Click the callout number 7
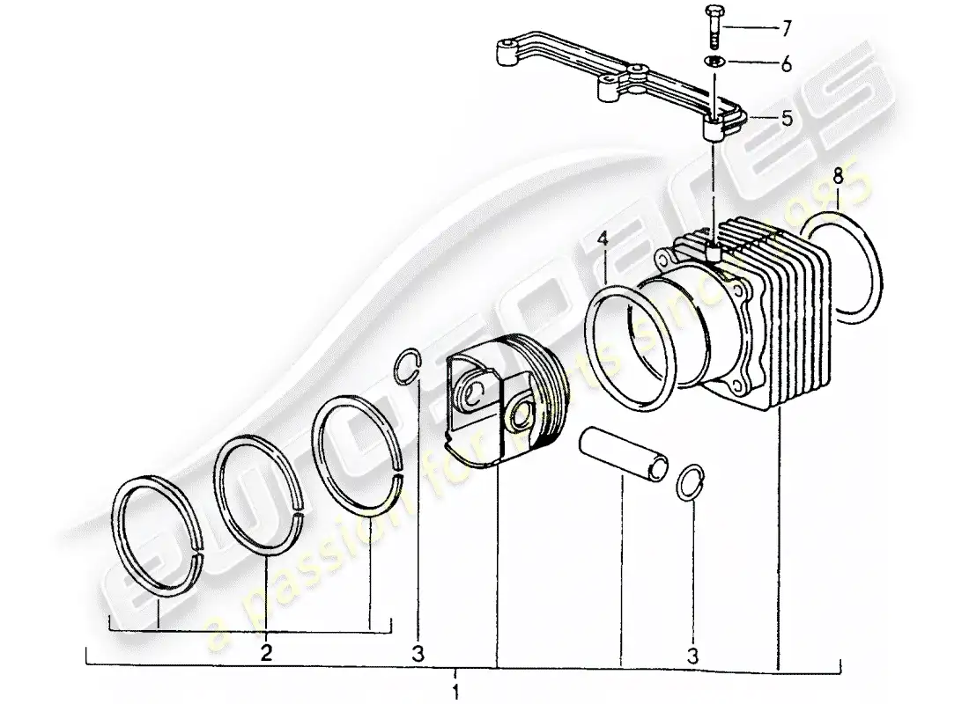pyautogui.click(x=786, y=30)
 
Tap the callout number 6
pyautogui.click(x=786, y=63)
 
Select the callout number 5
pyautogui.click(x=786, y=116)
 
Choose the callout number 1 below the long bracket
pyautogui.click(x=455, y=690)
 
